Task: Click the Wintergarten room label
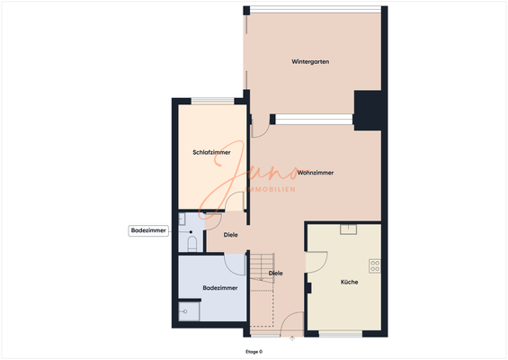(310, 62)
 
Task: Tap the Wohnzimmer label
(316, 172)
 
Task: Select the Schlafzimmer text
(211, 153)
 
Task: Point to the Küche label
(350, 283)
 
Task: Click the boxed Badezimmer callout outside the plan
(148, 231)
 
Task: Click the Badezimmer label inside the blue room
(219, 288)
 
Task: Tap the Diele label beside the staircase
(276, 273)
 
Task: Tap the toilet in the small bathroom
(191, 242)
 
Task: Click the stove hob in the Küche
(375, 265)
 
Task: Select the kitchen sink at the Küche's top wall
(347, 229)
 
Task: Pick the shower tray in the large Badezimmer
(189, 311)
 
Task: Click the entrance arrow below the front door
(293, 339)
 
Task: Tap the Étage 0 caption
(254, 351)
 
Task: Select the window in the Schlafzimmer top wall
(211, 101)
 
